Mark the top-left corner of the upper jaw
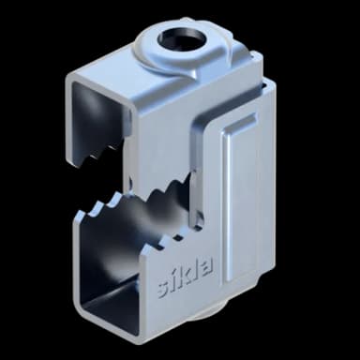pyautogui.click(x=67, y=82)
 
